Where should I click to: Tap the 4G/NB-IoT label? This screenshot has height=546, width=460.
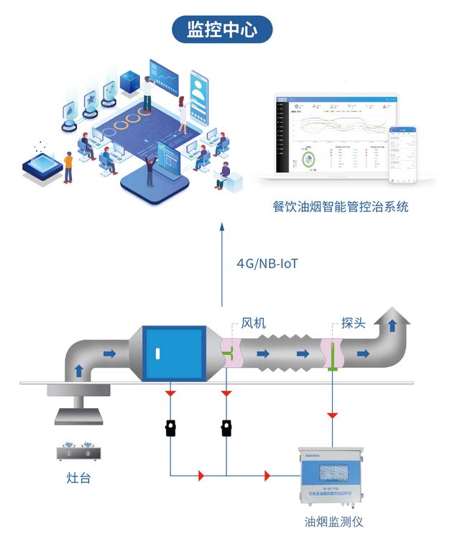(267, 263)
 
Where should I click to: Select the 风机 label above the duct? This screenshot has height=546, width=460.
(253, 323)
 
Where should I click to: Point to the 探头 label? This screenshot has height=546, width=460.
(353, 323)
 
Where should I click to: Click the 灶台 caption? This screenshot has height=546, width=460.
(78, 478)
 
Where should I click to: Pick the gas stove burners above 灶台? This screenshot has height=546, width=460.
(78, 451)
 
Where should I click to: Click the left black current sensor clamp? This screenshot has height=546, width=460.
(171, 428)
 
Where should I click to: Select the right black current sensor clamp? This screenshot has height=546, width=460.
(226, 428)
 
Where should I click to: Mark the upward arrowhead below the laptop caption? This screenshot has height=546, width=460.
(222, 228)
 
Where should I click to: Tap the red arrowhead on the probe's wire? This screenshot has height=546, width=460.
(333, 415)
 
